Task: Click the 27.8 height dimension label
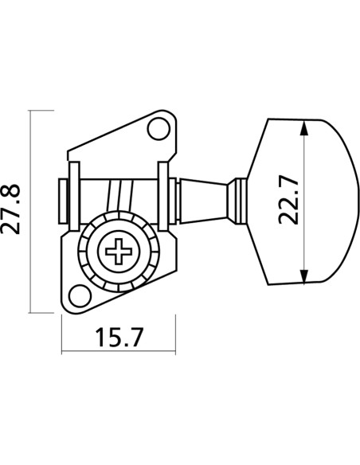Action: pos(10,209)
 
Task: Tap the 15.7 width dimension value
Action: pos(119,337)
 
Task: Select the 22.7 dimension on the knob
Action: pos(288,200)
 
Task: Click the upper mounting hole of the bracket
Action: pos(159,129)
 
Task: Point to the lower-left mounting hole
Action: pos(80,295)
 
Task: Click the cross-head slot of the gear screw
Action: pos(119,251)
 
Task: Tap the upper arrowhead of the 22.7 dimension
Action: pos(303,128)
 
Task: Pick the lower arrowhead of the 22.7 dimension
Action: pos(304,276)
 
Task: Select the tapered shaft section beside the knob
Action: pos(203,201)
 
